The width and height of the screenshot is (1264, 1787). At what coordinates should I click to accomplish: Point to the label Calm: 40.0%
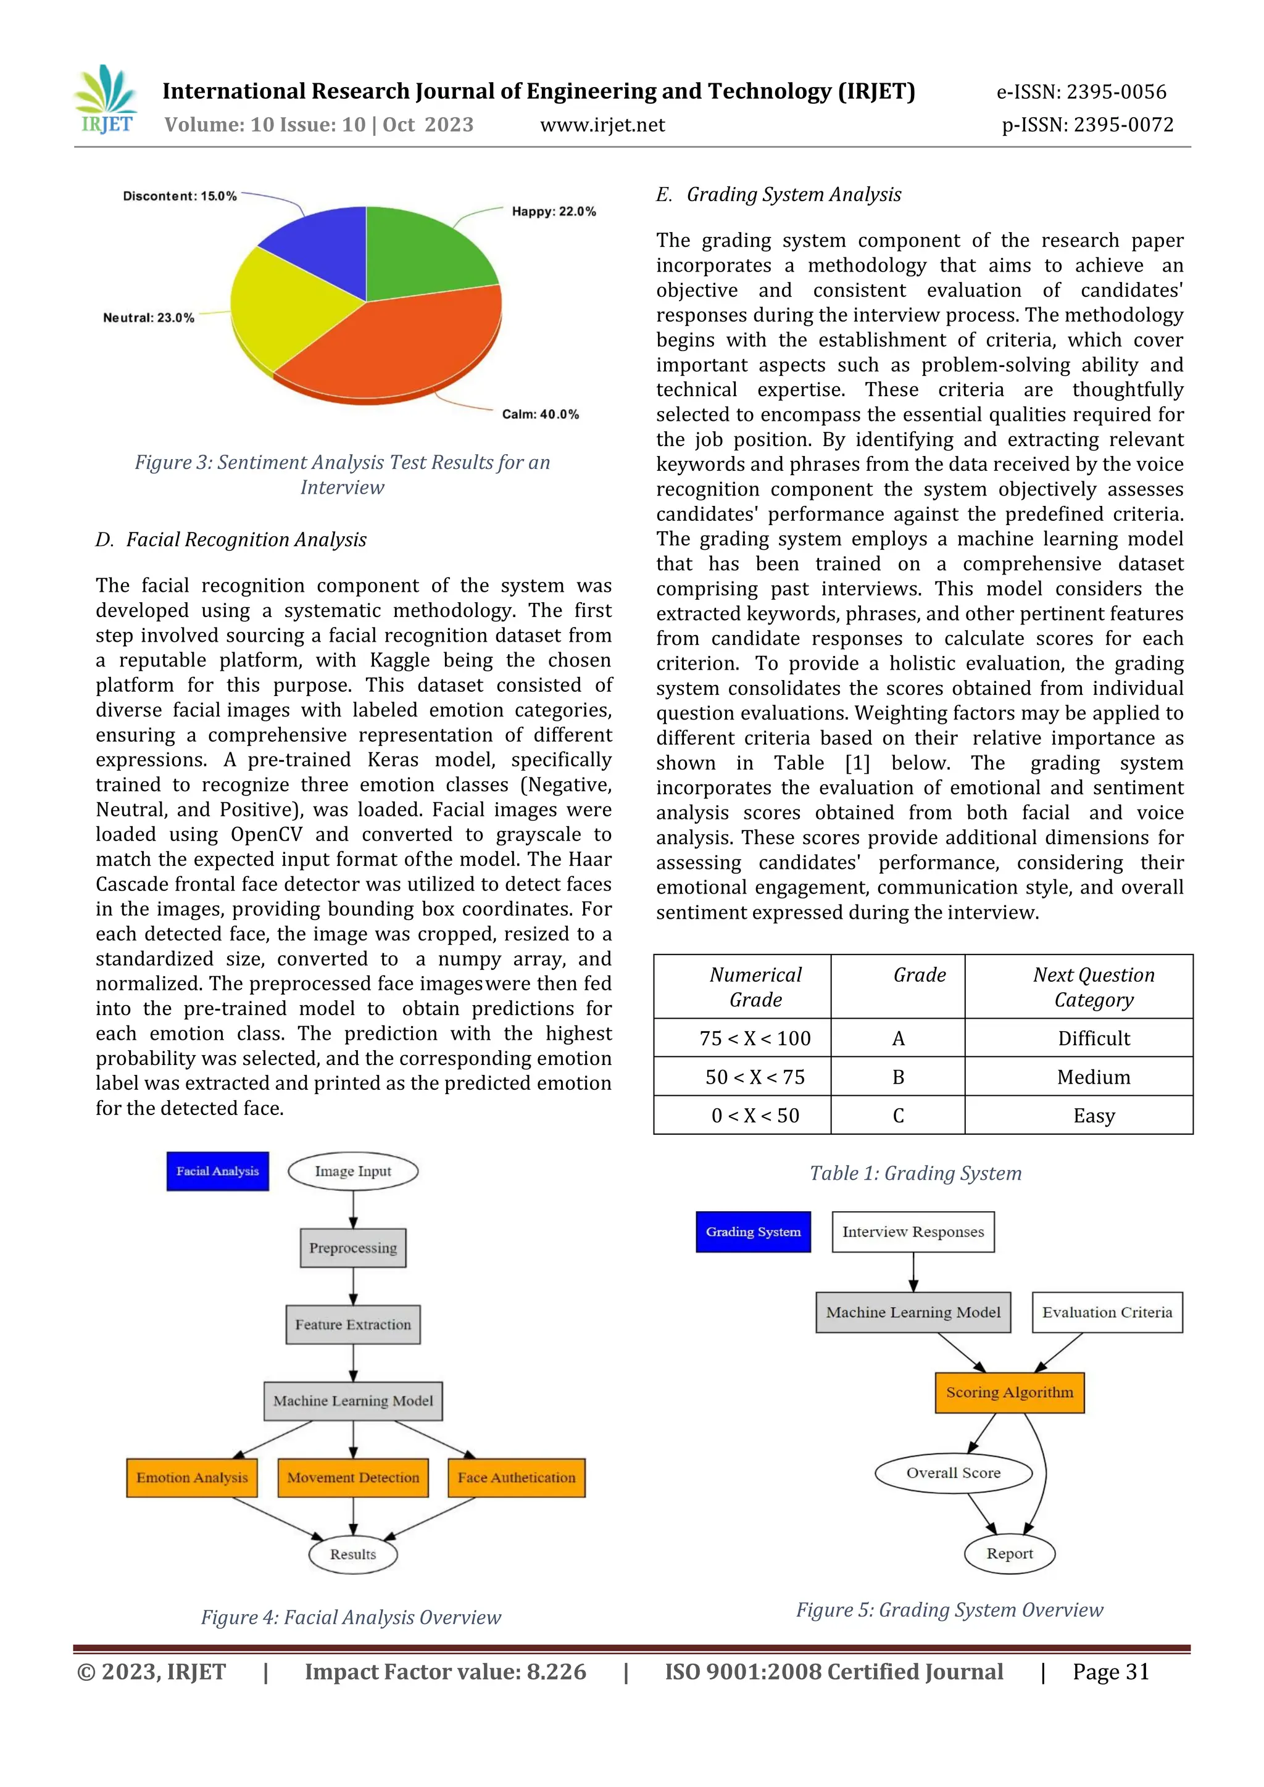[x=540, y=414]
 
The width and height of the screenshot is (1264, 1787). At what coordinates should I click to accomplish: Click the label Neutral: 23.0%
[x=149, y=318]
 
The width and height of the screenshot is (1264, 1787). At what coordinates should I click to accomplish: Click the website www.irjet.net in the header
[x=602, y=125]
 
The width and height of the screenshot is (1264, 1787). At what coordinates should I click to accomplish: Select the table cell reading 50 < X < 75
[x=754, y=1077]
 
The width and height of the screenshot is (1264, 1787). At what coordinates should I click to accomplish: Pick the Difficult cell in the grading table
[x=1094, y=1039]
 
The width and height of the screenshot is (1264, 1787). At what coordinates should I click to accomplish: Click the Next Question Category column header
[x=1094, y=987]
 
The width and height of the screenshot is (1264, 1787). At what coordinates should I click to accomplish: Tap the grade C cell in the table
[x=898, y=1115]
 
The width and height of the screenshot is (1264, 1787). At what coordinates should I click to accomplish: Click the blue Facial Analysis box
[x=218, y=1171]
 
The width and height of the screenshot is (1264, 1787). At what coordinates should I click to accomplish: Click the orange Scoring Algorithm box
[x=1010, y=1393]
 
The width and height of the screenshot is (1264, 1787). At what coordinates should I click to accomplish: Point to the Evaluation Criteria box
[x=1107, y=1312]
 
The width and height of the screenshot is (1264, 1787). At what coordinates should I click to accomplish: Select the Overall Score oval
[x=954, y=1472]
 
